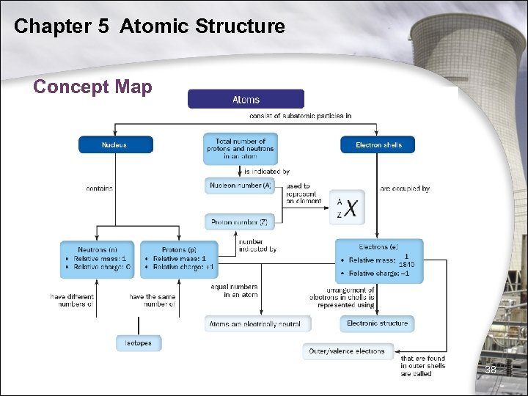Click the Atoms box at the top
[x=246, y=99]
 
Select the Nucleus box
[x=115, y=144]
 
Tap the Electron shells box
[x=378, y=144]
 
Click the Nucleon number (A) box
[x=240, y=186]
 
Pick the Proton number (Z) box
[x=240, y=221]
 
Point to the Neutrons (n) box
[x=98, y=258]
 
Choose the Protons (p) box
[x=179, y=258]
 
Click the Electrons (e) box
[x=379, y=260]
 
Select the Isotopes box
[x=139, y=342]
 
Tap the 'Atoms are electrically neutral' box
[x=258, y=323]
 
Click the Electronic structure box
[x=377, y=323]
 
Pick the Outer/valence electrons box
[x=347, y=351]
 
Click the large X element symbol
[x=352, y=209]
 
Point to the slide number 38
[x=490, y=370]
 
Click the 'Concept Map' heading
[x=92, y=87]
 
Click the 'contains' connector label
[x=99, y=188]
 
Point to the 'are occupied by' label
[x=405, y=188]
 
